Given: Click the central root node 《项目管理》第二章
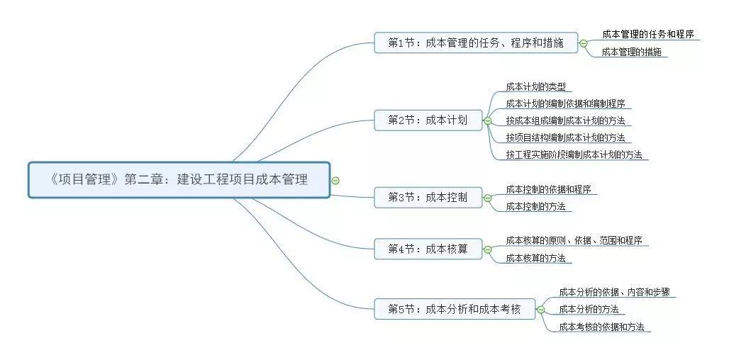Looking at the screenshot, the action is coord(179,180).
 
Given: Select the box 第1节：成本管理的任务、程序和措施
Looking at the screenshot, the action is coord(476,43).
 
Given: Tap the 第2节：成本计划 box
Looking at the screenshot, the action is coord(428,120).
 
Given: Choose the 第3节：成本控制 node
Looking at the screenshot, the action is coord(428,198).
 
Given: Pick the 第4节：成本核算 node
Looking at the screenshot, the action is coord(428,249).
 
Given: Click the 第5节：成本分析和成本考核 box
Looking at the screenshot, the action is coord(455,309).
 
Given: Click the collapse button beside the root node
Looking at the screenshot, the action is coord(335,180).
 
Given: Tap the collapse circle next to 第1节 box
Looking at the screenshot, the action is coord(583,43).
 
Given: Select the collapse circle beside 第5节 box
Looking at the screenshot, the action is coord(540,310).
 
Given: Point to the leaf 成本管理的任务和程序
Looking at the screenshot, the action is coord(647,35).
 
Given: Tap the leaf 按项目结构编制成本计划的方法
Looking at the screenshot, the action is coord(565,137).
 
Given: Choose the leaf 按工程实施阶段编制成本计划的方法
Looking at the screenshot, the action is coord(574,154).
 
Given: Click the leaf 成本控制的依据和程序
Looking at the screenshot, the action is coord(548,189).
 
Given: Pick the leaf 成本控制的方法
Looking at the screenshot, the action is coord(535,206).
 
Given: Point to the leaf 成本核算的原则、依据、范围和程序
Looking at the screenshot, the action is coord(574,241).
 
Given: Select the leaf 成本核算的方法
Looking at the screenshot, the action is coord(535,258).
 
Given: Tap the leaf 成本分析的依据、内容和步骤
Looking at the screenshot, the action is coord(613,292).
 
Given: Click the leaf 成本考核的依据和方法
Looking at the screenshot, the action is coord(601,327).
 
